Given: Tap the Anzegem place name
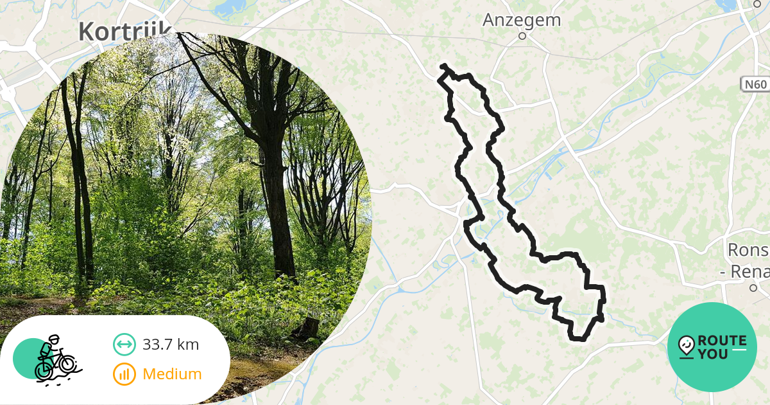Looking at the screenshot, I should [x=521, y=21].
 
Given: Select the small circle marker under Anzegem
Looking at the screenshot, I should [x=522, y=36].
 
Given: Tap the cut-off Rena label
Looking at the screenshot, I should [x=744, y=272].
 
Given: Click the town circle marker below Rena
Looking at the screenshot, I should [x=754, y=288].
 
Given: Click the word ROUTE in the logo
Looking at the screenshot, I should [x=721, y=341].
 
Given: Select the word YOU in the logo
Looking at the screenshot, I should [x=713, y=354].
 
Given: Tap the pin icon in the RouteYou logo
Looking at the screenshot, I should [x=687, y=346].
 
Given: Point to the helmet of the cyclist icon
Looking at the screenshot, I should [x=53, y=339].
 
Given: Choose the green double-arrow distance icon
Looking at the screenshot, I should [x=124, y=345].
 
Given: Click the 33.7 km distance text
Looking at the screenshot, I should [x=171, y=345].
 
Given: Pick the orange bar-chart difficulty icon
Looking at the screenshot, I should [x=124, y=373].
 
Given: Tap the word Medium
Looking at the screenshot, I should [x=172, y=373].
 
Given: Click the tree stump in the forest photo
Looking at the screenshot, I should [x=309, y=328].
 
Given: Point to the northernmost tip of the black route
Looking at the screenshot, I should [x=443, y=66].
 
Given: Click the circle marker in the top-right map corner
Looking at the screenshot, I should [x=756, y=4].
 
